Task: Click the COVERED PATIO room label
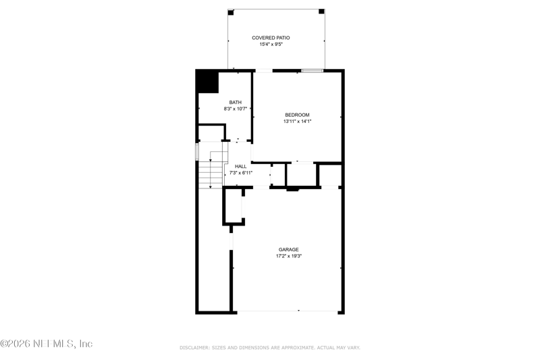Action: pos(271,38)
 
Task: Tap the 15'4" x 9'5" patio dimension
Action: pos(271,45)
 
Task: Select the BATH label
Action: pos(235,102)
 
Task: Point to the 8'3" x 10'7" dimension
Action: pos(235,109)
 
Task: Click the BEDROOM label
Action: pos(297,115)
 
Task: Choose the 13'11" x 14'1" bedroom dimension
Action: pos(297,122)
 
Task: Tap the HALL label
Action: pos(241,166)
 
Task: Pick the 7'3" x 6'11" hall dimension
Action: pos(241,173)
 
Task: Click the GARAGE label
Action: pos(289,249)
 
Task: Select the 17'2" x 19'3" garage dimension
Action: pos(289,256)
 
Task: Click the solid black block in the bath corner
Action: pos(207,82)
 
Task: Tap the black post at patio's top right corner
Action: pos(321,11)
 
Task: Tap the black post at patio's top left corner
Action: pos(231,12)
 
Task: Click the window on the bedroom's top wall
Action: pos(313,71)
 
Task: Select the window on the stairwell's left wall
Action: pos(197,151)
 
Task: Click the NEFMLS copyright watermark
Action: pos(47,344)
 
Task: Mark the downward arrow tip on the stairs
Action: pos(211,188)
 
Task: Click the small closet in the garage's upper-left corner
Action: pos(234,206)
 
